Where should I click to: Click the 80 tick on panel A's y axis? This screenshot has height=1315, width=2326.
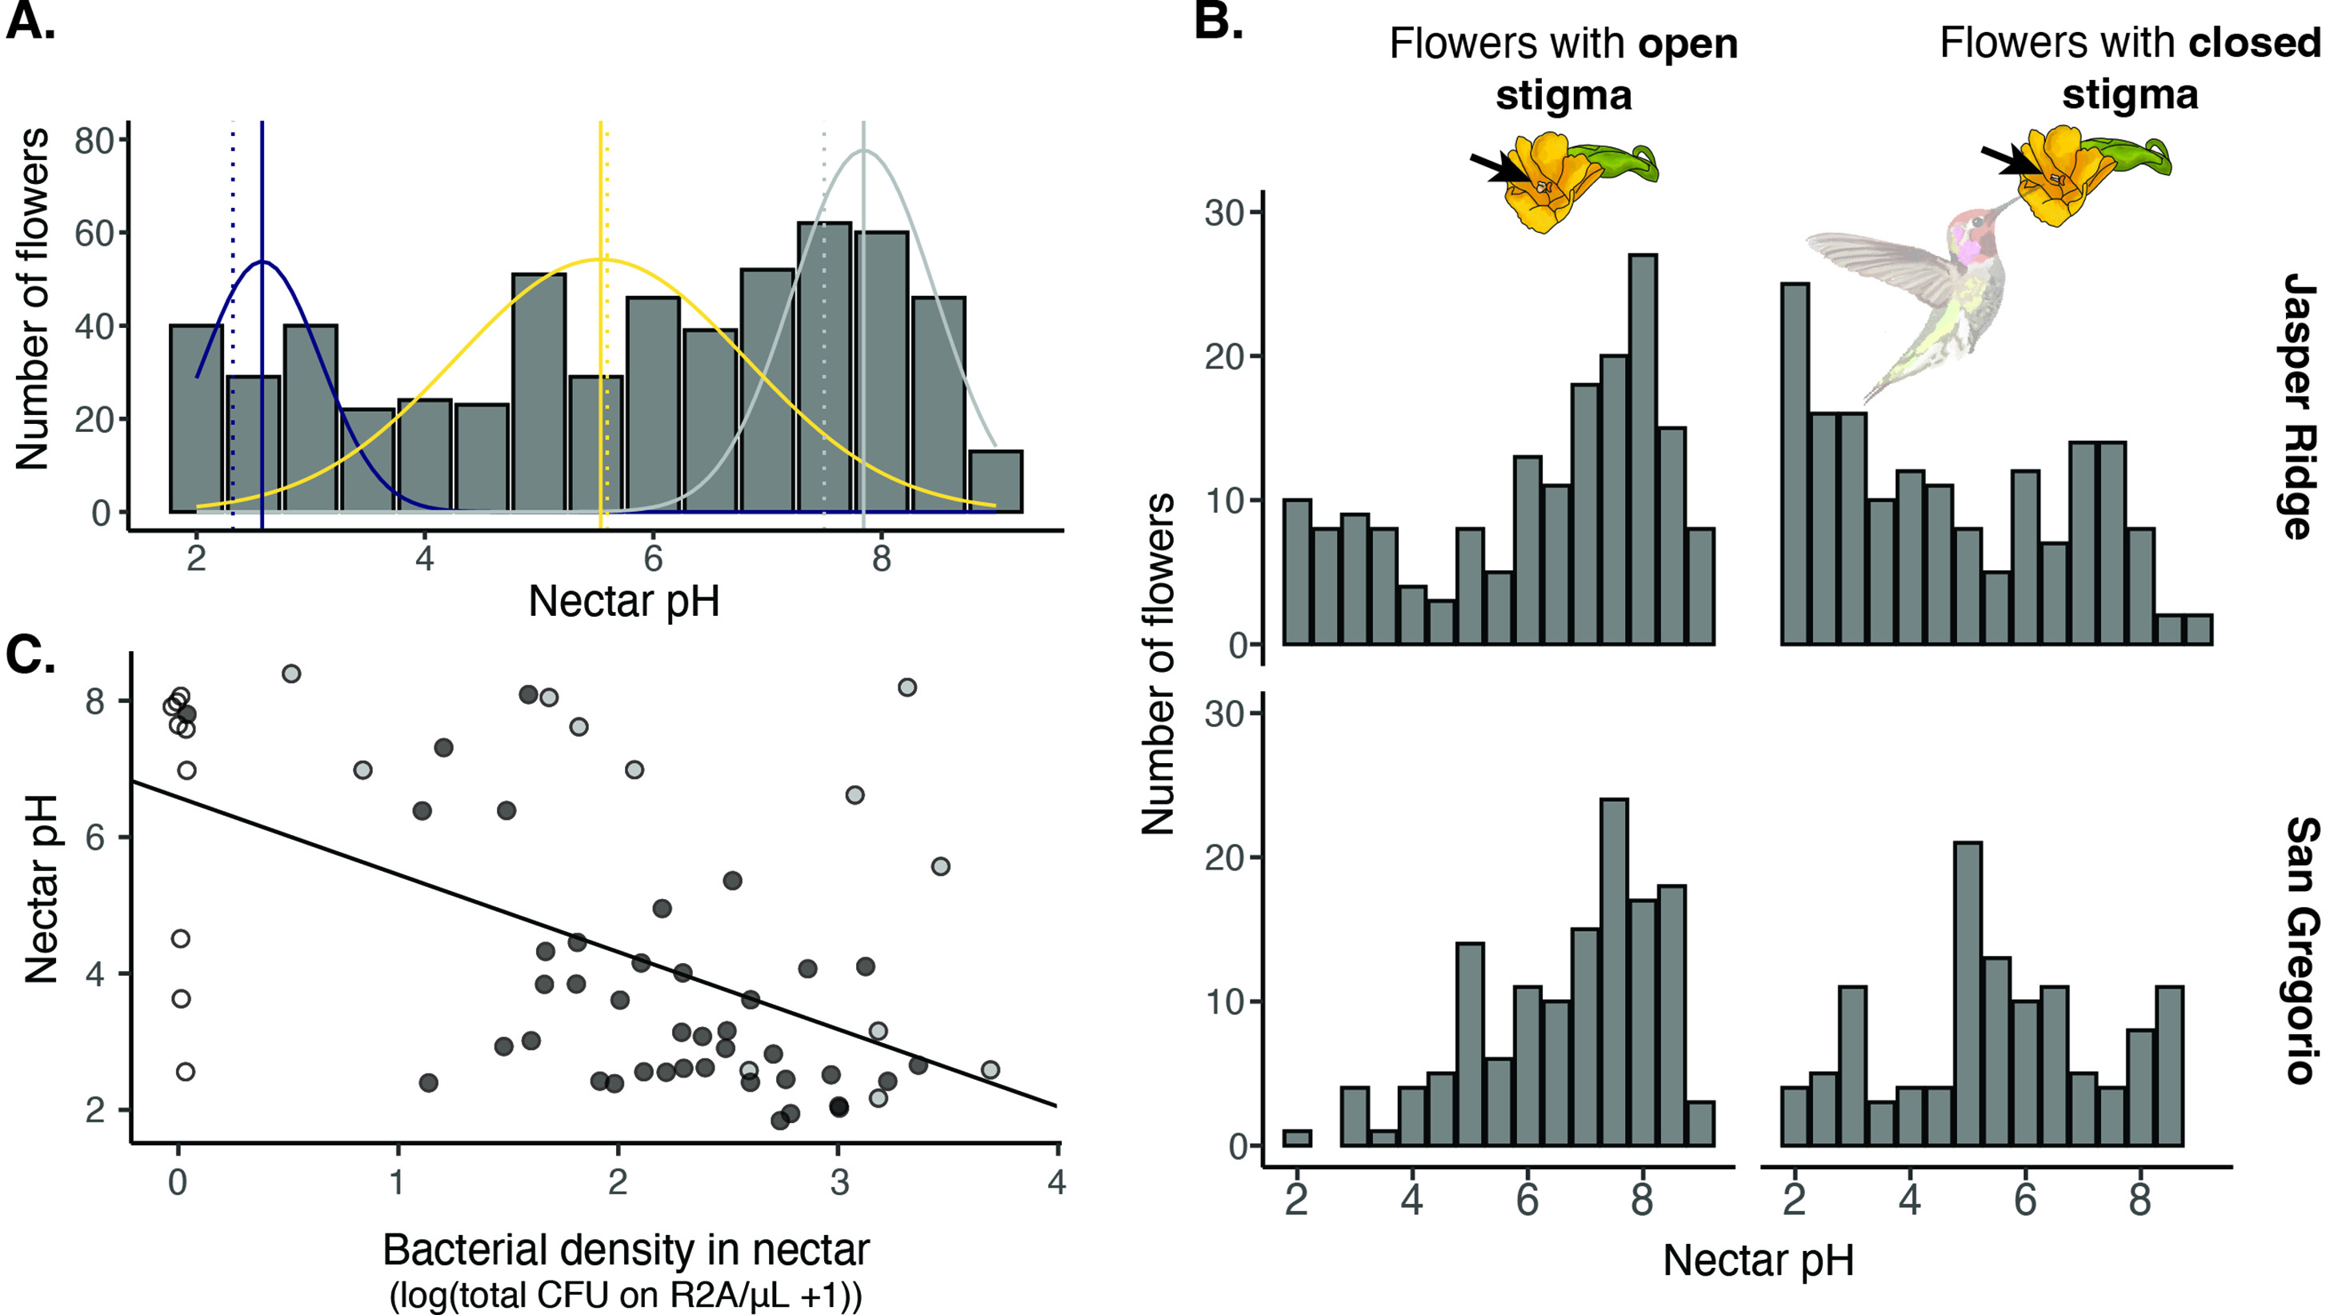(93, 141)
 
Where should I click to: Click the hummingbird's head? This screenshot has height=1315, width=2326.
(1976, 226)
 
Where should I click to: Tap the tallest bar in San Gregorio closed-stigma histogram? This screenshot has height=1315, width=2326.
(1968, 993)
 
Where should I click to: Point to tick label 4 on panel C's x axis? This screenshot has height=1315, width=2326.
(1056, 1181)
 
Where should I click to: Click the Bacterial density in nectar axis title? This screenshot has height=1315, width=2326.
(625, 1250)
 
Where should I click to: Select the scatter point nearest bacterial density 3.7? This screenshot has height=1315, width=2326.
(990, 1069)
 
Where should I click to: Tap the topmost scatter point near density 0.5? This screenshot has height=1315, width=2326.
(291, 673)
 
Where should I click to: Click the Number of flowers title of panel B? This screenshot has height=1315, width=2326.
(1158, 664)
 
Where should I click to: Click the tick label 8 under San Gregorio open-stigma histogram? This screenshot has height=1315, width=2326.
(1641, 1199)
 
